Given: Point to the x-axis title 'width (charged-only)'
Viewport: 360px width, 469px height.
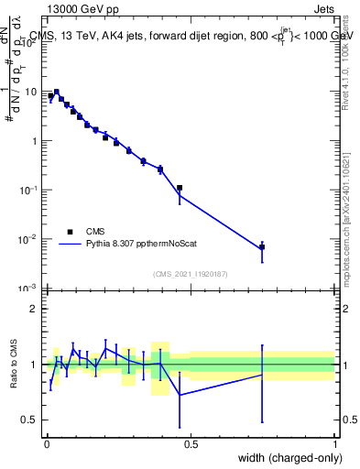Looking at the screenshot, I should point(287,459).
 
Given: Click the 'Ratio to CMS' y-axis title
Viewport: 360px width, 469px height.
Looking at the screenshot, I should point(14,365).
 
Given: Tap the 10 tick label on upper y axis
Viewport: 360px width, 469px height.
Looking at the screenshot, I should point(31,92).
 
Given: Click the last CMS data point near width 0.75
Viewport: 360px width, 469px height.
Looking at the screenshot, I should point(262,246).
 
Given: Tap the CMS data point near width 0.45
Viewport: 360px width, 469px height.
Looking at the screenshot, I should point(180,188).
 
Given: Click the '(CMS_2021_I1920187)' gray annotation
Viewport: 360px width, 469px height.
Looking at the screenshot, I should point(191,273).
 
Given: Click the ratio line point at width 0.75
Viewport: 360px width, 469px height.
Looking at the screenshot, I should point(262,375).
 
